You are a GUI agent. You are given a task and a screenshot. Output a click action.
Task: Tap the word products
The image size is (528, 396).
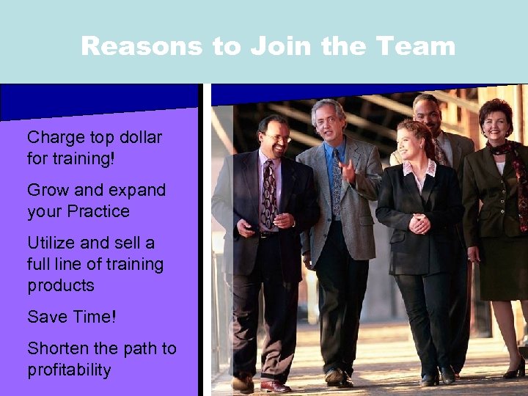(x=61, y=285)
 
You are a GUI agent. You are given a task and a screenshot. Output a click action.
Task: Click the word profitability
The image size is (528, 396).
(x=69, y=370)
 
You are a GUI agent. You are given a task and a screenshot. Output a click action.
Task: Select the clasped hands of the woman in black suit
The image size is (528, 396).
(x=419, y=223)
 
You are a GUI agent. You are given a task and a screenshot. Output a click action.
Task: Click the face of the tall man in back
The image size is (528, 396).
(x=427, y=113)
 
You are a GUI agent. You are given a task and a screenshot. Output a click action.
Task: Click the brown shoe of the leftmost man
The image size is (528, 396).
(x=274, y=386)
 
